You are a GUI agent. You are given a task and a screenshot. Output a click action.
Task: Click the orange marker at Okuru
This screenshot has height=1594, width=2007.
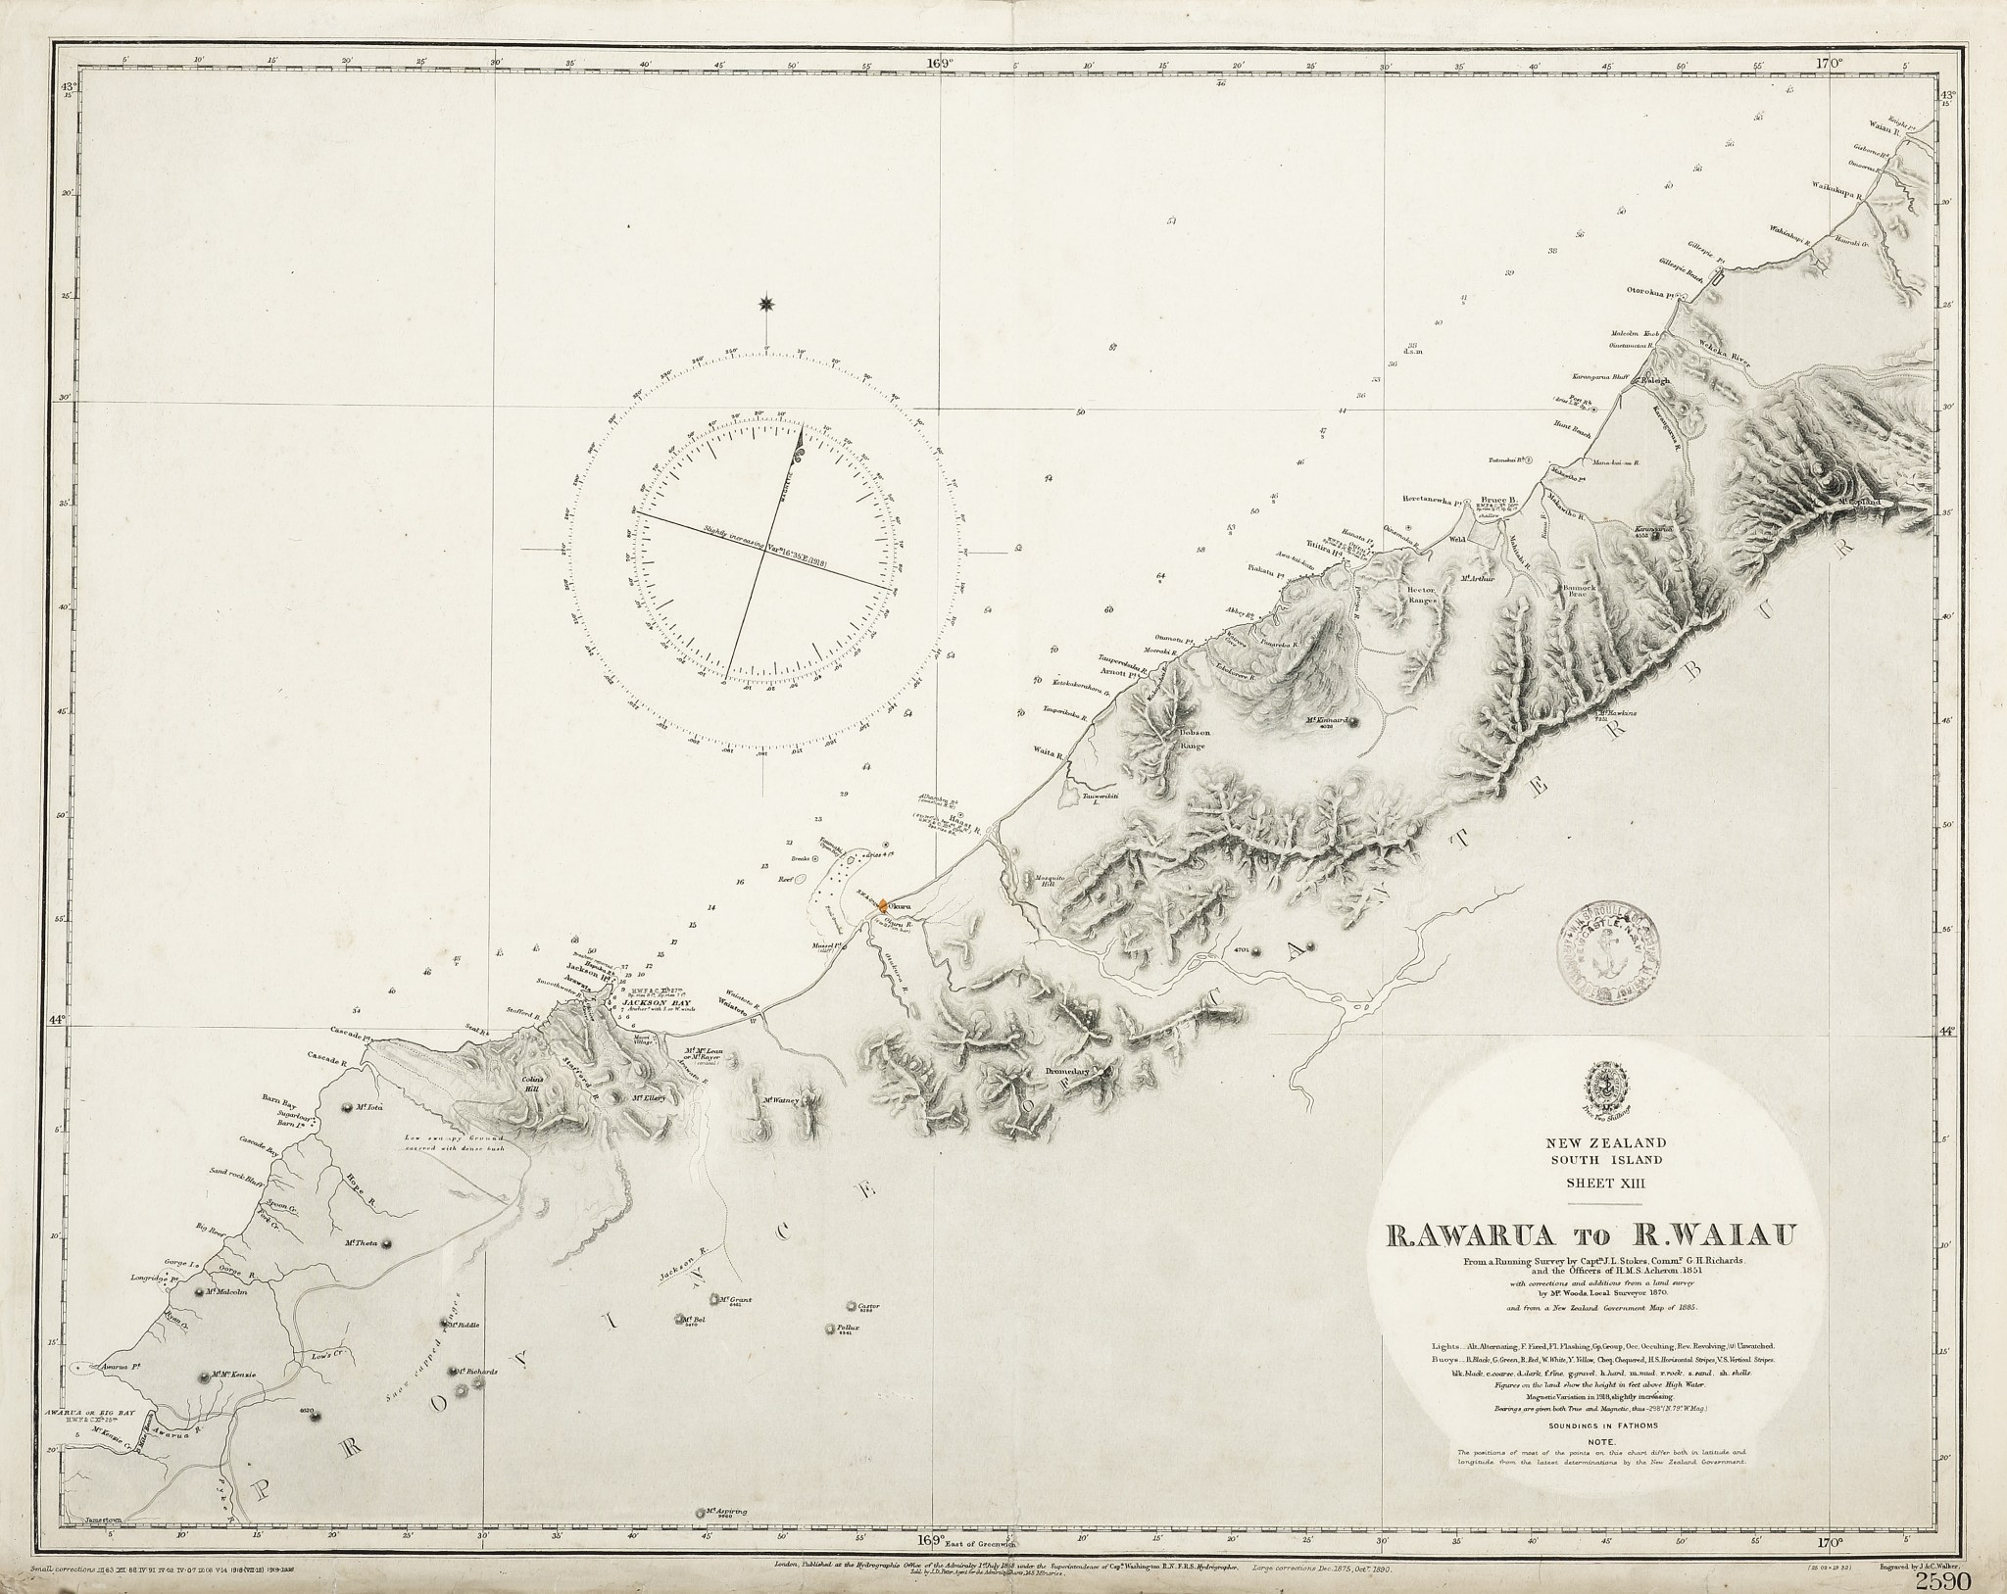point(882,906)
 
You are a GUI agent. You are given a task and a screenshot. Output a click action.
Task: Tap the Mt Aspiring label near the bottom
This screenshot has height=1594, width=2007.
point(727,1538)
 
